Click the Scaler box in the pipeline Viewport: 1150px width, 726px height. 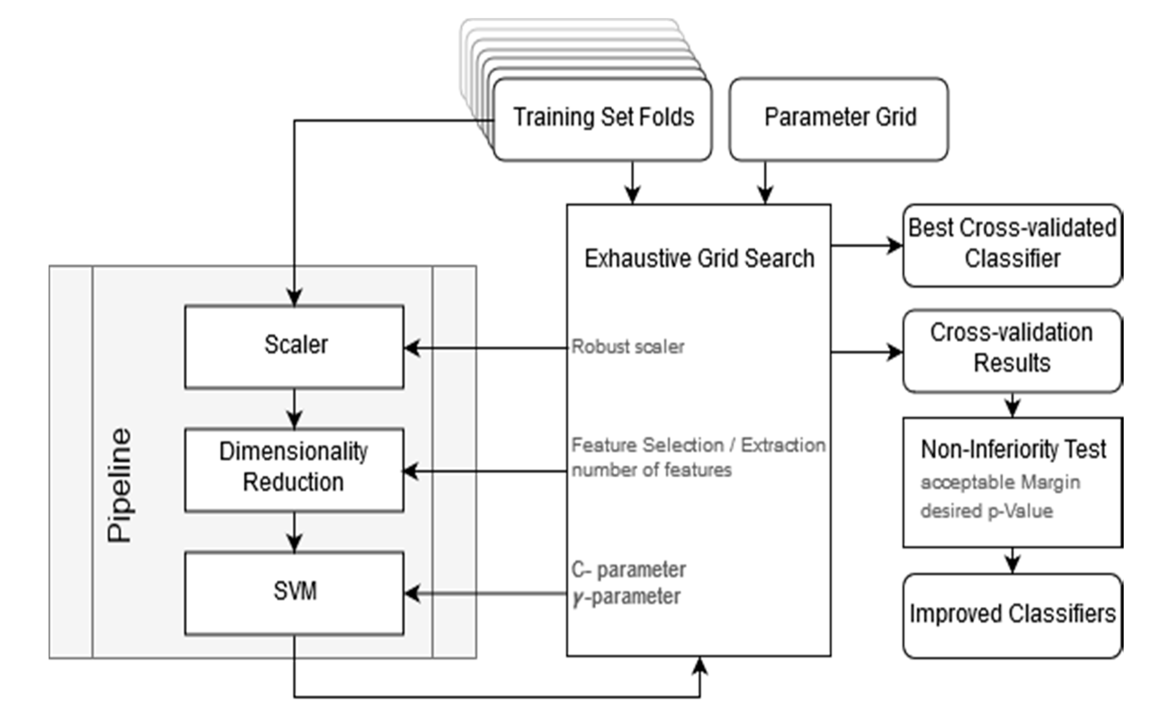coord(294,346)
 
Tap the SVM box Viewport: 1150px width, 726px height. coord(294,592)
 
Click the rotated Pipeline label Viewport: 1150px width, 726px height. coord(119,485)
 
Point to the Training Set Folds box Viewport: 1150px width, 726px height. coord(603,118)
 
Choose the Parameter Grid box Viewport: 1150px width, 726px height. coord(839,118)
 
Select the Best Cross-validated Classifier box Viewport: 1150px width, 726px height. coord(1012,245)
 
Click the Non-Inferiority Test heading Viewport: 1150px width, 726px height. coord(1013,449)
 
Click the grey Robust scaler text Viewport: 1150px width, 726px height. coord(627,347)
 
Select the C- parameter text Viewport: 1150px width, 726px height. coord(628,569)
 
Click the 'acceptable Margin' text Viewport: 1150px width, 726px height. coord(1000,482)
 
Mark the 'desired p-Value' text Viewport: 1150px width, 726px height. coord(987,511)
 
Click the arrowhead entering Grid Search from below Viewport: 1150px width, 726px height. coord(700,665)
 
